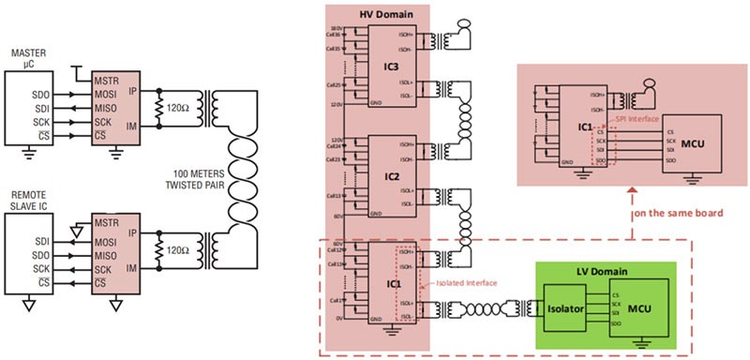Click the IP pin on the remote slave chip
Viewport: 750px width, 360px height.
135,231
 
